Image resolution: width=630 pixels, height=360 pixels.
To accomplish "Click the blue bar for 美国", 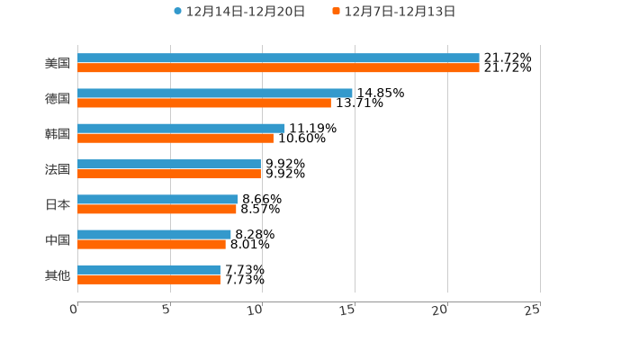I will click(x=278, y=58).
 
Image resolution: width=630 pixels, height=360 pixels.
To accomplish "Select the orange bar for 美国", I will click(x=278, y=67).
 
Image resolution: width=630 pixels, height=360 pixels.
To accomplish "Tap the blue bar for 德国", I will click(x=215, y=93).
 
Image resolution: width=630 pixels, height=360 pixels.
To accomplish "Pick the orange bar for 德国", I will click(x=204, y=103).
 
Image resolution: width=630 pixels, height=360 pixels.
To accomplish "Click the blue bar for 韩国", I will click(x=181, y=128).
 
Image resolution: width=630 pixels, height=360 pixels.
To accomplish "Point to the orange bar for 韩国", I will click(x=175, y=138).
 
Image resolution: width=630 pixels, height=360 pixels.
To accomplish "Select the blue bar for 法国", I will click(x=169, y=164).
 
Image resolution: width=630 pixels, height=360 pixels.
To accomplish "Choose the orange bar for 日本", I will click(x=157, y=209).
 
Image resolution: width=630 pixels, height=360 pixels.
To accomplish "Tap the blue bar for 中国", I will click(x=154, y=234).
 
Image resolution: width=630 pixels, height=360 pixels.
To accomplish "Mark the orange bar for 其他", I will click(x=148, y=279).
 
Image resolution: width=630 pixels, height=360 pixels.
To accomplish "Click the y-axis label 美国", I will click(x=58, y=63).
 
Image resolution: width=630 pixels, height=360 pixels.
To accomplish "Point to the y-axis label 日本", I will click(x=58, y=204).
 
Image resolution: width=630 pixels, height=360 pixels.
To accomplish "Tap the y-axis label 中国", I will click(x=58, y=239).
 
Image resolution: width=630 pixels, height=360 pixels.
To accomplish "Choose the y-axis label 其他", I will click(x=58, y=274).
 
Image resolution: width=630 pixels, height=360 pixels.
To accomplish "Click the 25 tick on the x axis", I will click(x=533, y=310).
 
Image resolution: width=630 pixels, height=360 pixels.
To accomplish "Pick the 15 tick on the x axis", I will click(x=348, y=310).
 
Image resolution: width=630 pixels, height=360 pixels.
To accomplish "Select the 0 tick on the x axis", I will click(x=74, y=310).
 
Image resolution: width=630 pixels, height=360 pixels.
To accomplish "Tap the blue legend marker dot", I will click(x=178, y=12).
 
